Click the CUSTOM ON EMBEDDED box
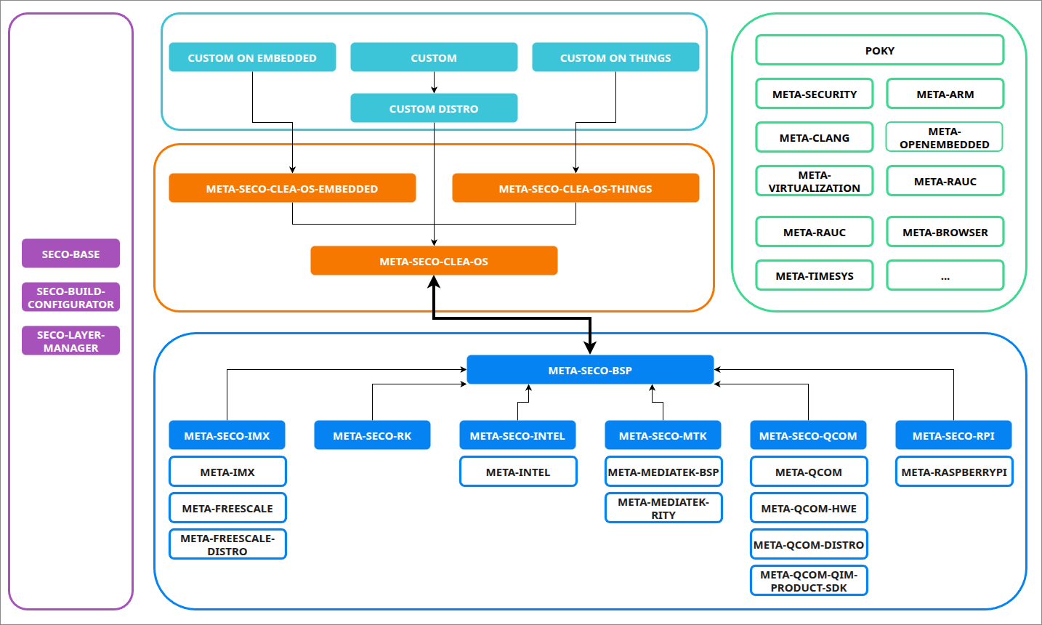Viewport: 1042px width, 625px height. click(252, 57)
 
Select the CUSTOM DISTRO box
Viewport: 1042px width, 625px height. click(434, 108)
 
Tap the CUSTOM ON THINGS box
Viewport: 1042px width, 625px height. click(615, 57)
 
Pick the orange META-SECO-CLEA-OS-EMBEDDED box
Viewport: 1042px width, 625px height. click(292, 188)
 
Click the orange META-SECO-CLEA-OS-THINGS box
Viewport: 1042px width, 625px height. click(575, 188)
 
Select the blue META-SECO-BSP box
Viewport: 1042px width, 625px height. click(590, 370)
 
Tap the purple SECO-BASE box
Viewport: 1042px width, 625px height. click(70, 254)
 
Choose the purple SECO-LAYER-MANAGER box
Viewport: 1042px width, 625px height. click(70, 341)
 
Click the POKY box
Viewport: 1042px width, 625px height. click(879, 50)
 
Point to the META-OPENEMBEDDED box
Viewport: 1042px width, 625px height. click(945, 137)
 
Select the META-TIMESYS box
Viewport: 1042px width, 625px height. click(815, 275)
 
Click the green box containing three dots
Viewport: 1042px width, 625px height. click(945, 275)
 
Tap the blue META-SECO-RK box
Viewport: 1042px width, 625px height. click(372, 435)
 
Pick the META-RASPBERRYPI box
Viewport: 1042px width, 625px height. click(953, 472)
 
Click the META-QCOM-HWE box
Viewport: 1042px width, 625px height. click(809, 508)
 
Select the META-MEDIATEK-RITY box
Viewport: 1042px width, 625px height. click(663, 508)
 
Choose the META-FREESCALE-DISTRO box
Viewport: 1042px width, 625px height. click(227, 544)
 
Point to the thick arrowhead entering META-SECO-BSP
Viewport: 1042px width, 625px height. click(590, 347)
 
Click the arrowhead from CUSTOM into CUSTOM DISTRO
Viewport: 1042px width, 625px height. click(434, 89)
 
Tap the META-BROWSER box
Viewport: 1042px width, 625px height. click(945, 232)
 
